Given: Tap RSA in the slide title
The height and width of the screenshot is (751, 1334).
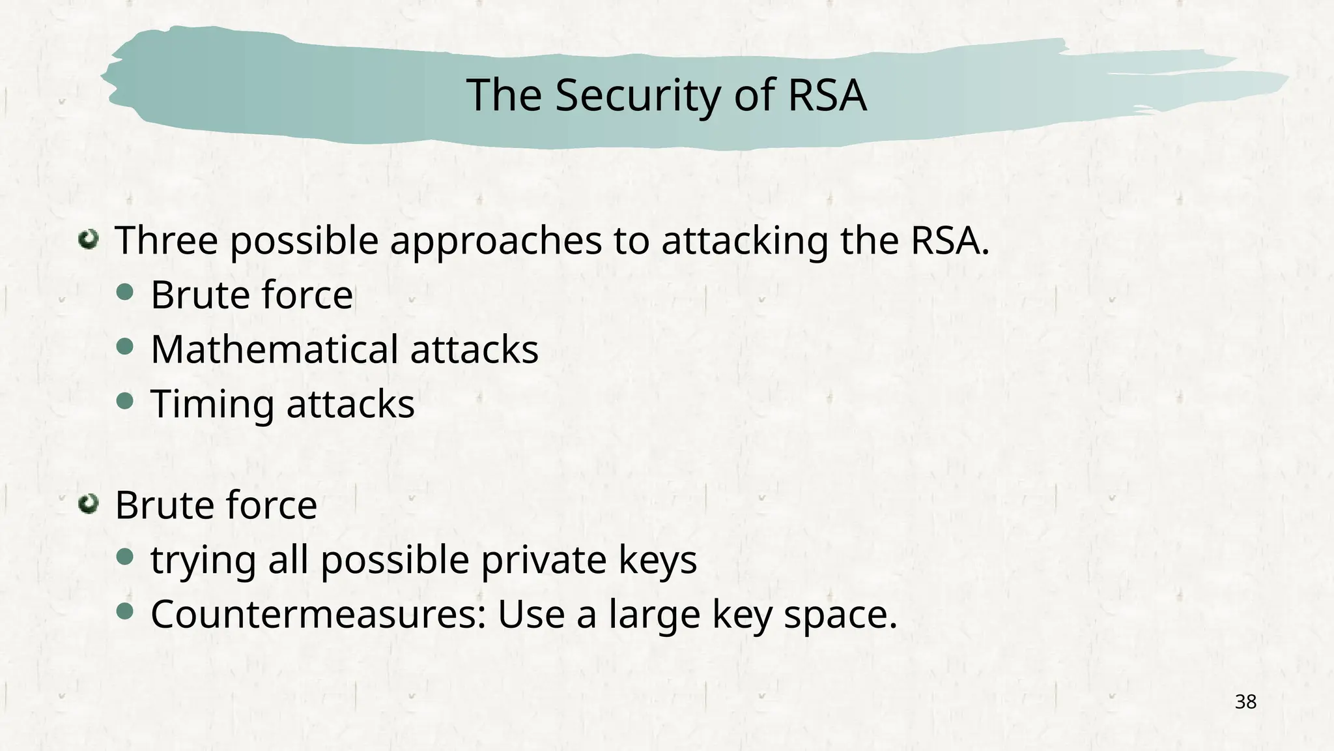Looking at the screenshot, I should pyautogui.click(x=827, y=95).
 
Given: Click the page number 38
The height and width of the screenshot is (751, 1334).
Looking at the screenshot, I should pyautogui.click(x=1245, y=702).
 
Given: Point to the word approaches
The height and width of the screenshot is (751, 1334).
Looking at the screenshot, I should pyautogui.click(x=496, y=241).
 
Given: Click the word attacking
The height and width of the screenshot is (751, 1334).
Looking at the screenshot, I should pyautogui.click(x=745, y=241).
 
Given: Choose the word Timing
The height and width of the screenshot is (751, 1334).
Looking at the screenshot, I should pyautogui.click(x=212, y=405).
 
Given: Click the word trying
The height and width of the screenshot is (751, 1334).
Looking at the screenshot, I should pyautogui.click(x=203, y=561).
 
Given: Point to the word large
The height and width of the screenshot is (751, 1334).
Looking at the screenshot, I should pyautogui.click(x=655, y=615).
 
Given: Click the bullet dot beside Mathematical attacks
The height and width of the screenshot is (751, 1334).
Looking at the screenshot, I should pyautogui.click(x=125, y=347).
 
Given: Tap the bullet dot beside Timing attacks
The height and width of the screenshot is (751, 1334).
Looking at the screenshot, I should pyautogui.click(x=125, y=401).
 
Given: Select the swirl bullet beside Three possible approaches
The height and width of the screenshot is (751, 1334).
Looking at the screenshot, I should pyautogui.click(x=88, y=240).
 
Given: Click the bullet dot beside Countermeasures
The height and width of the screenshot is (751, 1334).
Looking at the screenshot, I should pyautogui.click(x=125, y=611).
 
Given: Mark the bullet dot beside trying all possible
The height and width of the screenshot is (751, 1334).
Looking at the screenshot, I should pyautogui.click(x=125, y=557).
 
